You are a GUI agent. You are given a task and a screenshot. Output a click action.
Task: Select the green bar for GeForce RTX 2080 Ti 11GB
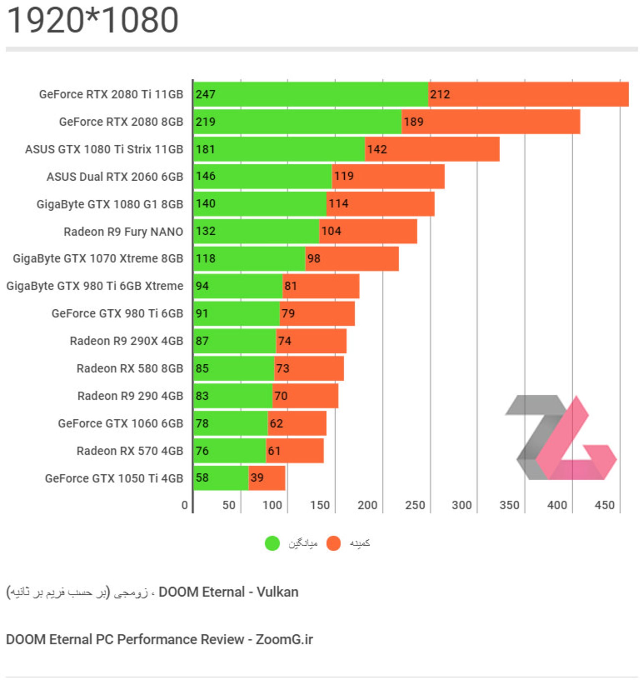click(x=310, y=94)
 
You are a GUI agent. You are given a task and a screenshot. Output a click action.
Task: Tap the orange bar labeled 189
click(x=491, y=122)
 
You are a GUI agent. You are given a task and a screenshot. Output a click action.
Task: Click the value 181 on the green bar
click(x=205, y=149)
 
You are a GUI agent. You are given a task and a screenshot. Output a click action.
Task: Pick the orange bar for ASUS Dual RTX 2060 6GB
click(x=388, y=177)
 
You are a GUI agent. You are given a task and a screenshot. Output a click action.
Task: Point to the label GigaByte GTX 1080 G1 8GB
click(x=110, y=204)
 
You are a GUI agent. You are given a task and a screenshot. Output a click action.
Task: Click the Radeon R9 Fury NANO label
click(x=123, y=232)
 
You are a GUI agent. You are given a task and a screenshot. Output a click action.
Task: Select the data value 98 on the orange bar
click(x=313, y=258)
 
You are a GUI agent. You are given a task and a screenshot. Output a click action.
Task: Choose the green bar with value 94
click(x=238, y=286)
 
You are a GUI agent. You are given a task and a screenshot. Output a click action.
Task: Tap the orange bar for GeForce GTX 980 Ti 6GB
click(x=317, y=313)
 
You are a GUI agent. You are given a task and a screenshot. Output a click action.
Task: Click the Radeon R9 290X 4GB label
click(x=126, y=341)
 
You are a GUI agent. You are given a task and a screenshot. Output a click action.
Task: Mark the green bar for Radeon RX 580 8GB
click(x=234, y=368)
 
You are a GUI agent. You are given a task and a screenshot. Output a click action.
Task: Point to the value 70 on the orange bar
click(x=281, y=396)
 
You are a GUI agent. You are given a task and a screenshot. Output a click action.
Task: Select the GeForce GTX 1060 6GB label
click(x=120, y=424)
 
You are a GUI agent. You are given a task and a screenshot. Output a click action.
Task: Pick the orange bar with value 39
click(x=267, y=478)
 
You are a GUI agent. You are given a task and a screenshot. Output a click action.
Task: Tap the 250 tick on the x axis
click(x=415, y=505)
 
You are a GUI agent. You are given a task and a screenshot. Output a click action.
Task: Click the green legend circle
click(x=272, y=543)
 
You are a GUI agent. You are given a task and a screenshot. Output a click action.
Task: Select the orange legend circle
click(x=333, y=543)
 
